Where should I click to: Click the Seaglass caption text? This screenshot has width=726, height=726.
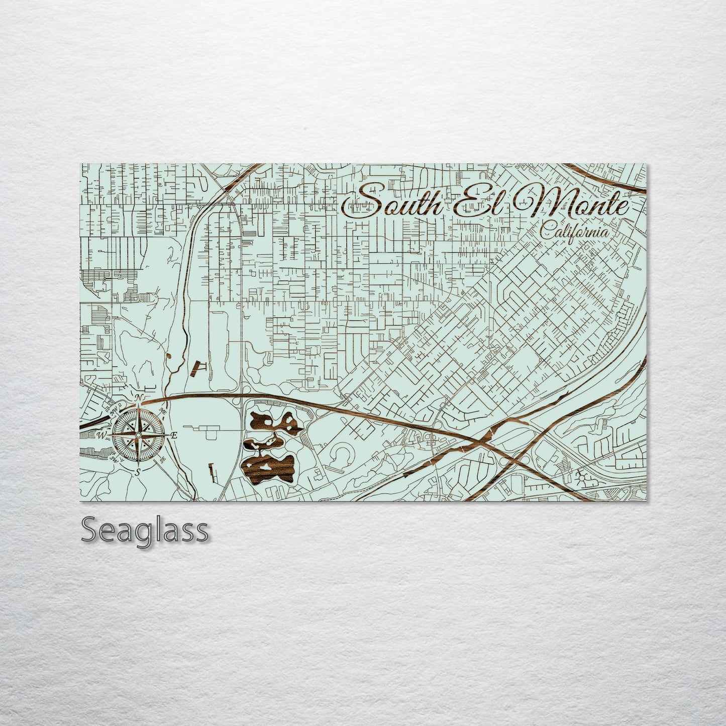tap(144, 530)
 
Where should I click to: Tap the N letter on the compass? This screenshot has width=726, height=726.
tap(140, 398)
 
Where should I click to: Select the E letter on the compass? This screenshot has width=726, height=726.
tap(174, 436)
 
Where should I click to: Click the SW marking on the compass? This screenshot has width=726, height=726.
tap(114, 459)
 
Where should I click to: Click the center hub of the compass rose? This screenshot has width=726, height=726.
tap(138, 435)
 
